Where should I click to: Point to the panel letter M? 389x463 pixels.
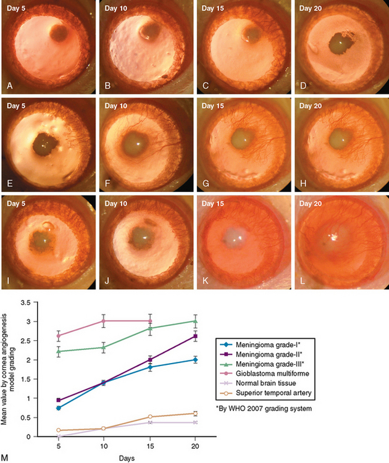[6, 457]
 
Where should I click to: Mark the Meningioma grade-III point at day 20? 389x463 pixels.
[195, 321]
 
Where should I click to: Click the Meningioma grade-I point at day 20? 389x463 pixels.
[195, 359]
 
